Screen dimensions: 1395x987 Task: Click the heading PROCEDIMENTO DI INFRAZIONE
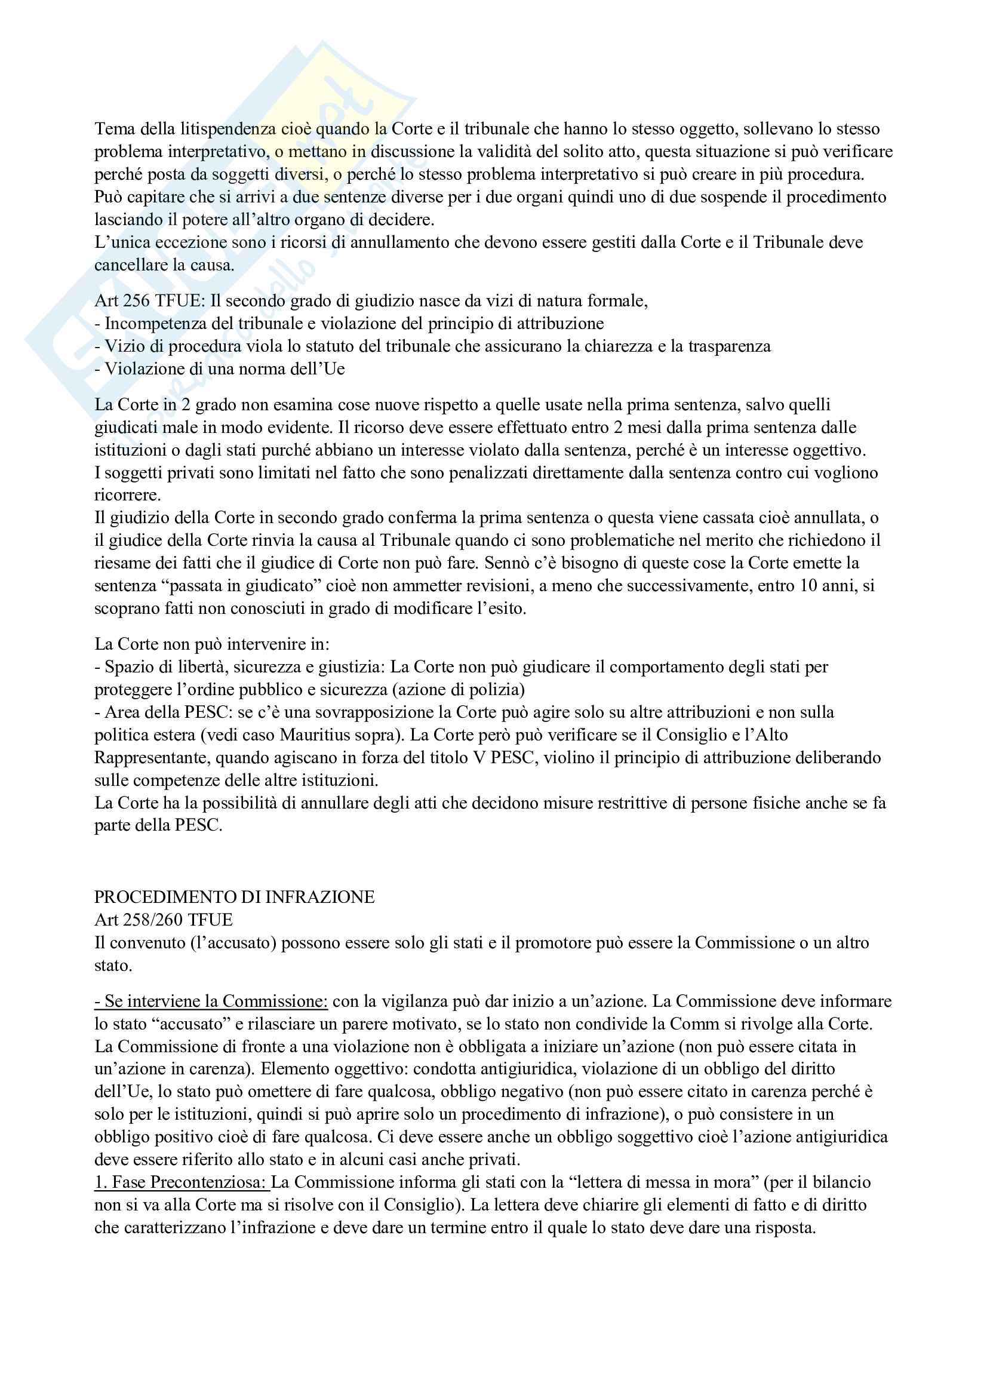pyautogui.click(x=234, y=897)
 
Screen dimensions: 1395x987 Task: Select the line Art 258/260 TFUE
pyautogui.click(x=164, y=920)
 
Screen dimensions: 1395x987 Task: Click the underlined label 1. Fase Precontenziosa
pyautogui.click(x=181, y=1182)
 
